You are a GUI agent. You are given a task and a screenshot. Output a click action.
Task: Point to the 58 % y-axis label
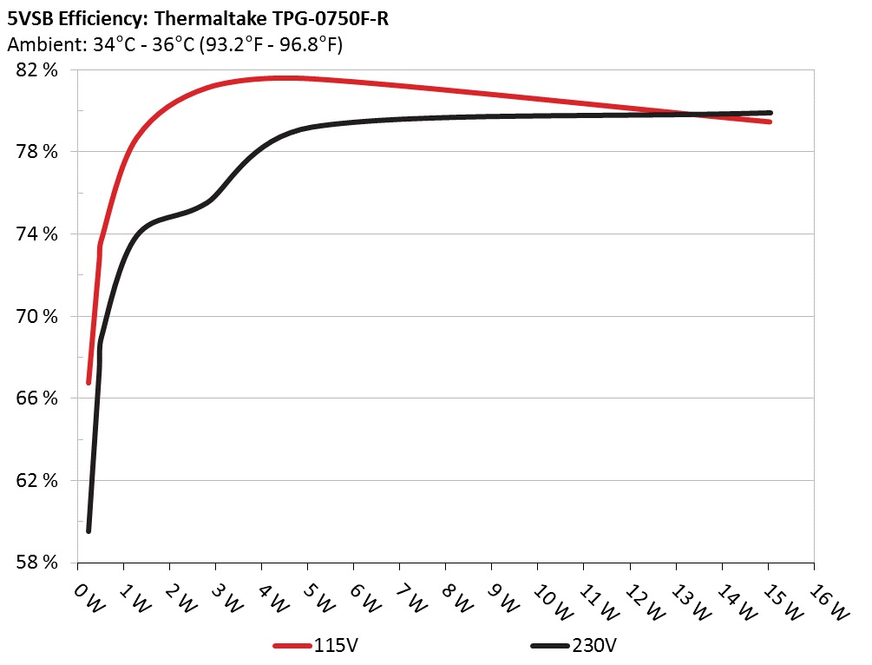pyautogui.click(x=36, y=563)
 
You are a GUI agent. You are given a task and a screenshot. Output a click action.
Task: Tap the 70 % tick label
pyautogui.click(x=36, y=317)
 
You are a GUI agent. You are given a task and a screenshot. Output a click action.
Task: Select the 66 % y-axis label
pyautogui.click(x=36, y=398)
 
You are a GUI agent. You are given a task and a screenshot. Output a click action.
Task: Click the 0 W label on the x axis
pyautogui.click(x=88, y=598)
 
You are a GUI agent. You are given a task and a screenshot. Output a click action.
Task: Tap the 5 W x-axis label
pyautogui.click(x=318, y=598)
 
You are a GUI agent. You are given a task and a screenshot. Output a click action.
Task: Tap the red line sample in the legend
pyautogui.click(x=292, y=646)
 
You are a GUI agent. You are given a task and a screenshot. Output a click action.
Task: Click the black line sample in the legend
pyautogui.click(x=550, y=646)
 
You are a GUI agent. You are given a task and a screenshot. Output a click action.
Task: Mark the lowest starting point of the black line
pyautogui.click(x=89, y=530)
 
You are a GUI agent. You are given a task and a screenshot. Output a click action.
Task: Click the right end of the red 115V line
pyautogui.click(x=769, y=122)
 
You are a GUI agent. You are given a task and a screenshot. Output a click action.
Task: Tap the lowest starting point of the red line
pyautogui.click(x=89, y=382)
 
